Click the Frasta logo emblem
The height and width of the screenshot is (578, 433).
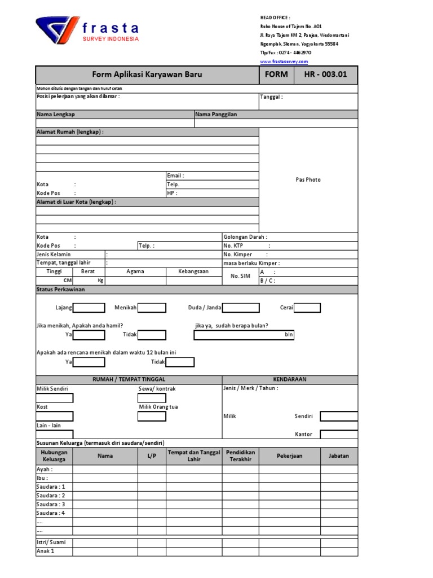point(54,30)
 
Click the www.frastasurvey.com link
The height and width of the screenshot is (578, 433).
point(284,61)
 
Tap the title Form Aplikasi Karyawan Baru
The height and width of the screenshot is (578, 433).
point(147,75)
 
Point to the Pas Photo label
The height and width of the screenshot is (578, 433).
point(308,179)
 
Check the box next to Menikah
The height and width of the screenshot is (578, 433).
point(152,308)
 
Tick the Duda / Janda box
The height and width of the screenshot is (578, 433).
point(241,308)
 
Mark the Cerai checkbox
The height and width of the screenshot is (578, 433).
point(307,308)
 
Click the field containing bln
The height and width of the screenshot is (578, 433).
point(244,335)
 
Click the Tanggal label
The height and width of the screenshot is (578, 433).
point(271,97)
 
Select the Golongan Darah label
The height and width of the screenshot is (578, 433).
point(245,237)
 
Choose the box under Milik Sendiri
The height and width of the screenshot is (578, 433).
point(55,398)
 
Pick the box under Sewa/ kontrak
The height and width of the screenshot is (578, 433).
point(152,398)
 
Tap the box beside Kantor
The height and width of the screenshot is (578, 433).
point(338,434)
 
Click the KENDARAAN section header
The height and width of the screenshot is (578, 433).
point(290,379)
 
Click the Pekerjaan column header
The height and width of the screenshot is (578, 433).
point(289,456)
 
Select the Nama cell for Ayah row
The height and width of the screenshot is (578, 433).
point(105,469)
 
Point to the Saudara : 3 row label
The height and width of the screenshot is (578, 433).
point(51,504)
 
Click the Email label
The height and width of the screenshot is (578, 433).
point(175,176)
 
